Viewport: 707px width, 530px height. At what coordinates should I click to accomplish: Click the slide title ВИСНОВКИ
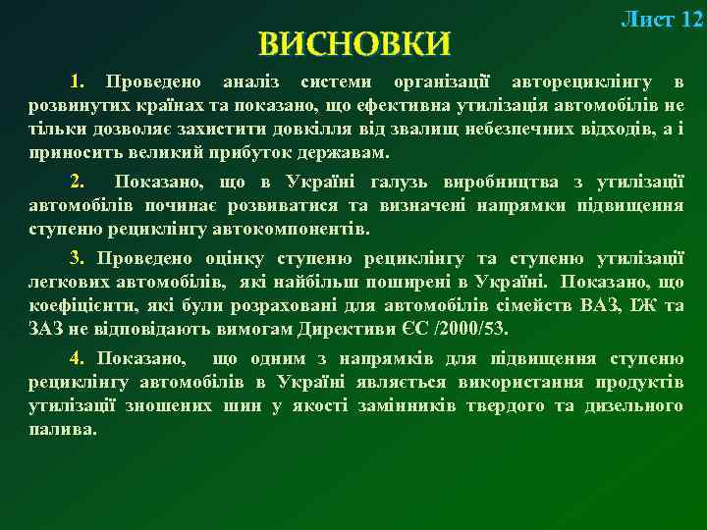(x=354, y=44)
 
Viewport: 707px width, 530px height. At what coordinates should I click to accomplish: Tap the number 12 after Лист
(x=691, y=19)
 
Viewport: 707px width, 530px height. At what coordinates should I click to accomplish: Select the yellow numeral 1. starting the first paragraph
(x=78, y=79)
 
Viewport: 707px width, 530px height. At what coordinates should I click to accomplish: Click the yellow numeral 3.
(x=78, y=259)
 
